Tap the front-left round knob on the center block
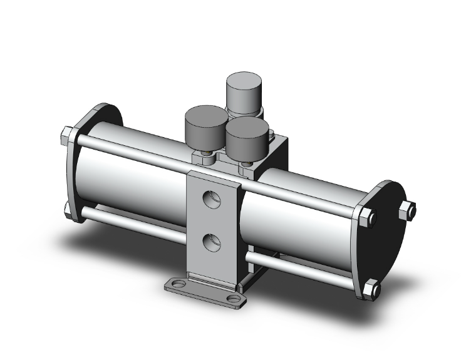(x=205, y=125)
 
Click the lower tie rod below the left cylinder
(x=132, y=225)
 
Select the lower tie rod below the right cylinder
(x=301, y=265)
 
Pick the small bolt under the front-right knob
(x=246, y=165)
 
